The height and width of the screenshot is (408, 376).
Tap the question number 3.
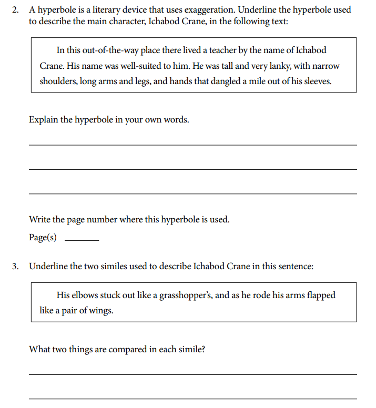(16, 267)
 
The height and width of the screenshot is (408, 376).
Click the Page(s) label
(43, 237)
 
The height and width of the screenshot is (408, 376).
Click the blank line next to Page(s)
(81, 240)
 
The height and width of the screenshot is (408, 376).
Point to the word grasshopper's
(185, 295)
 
